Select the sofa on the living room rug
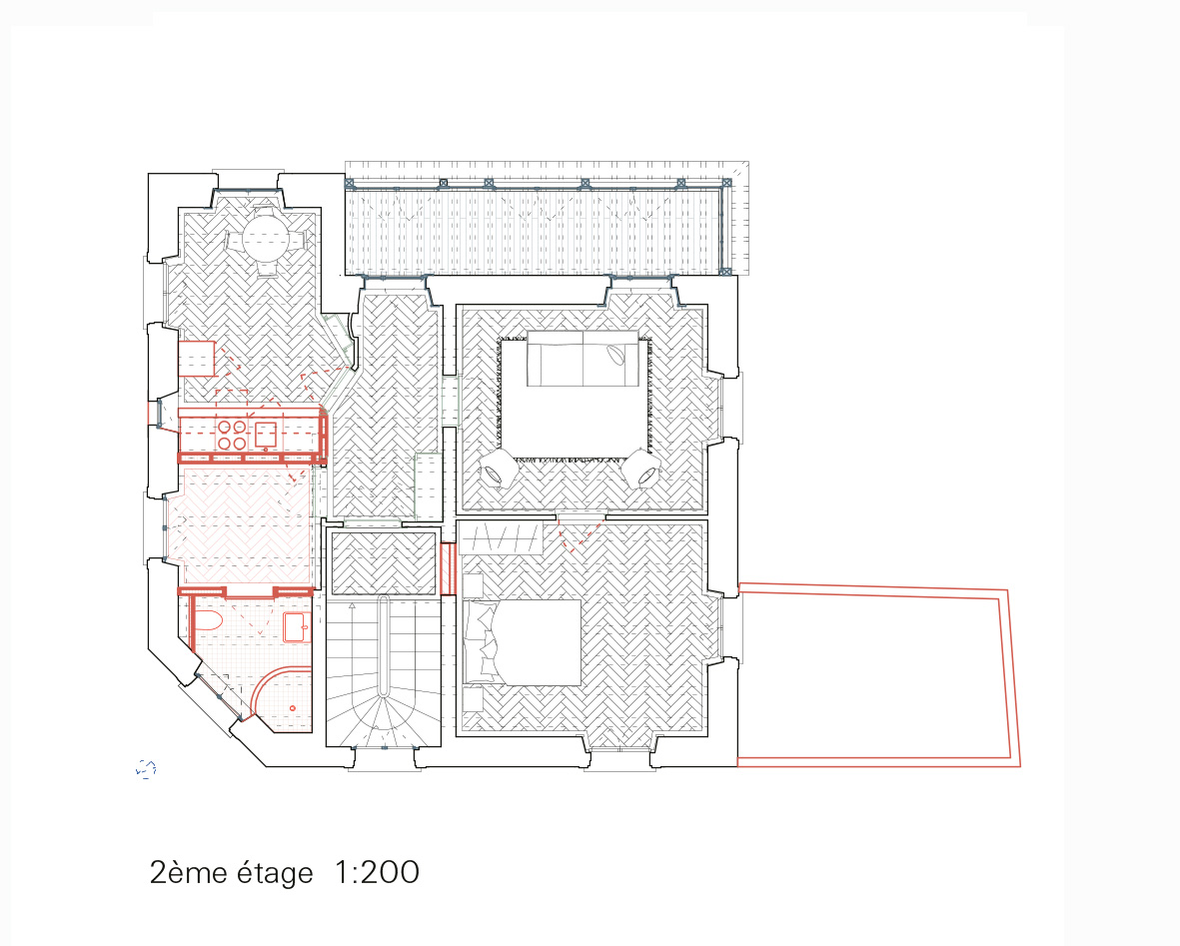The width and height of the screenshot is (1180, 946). tap(584, 359)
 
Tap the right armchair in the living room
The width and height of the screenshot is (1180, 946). tap(641, 471)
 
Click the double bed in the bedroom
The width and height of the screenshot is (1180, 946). tap(523, 642)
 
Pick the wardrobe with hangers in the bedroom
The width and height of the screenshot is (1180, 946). tap(502, 537)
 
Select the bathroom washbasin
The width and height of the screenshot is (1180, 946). tap(296, 627)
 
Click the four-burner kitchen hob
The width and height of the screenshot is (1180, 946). tap(232, 435)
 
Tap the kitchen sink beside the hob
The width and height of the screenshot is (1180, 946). tap(266, 435)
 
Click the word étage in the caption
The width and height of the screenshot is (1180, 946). tap(275, 873)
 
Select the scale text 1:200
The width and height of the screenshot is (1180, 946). tap(377, 872)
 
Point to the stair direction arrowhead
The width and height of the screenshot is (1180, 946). tap(352, 605)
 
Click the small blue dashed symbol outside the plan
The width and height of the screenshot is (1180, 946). tap(146, 768)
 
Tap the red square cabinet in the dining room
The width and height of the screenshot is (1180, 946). tap(197, 359)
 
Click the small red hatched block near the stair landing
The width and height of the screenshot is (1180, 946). tap(448, 568)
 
